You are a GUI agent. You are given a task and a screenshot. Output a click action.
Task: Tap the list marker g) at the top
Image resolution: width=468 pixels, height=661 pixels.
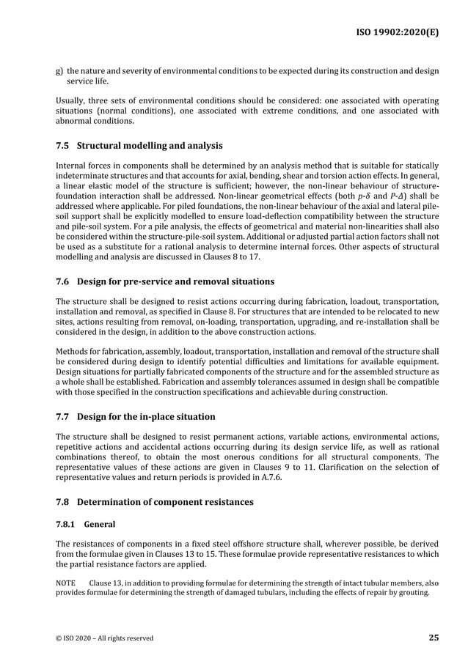(59, 71)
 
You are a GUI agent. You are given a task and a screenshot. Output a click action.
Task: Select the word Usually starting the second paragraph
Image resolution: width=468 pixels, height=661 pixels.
(72, 99)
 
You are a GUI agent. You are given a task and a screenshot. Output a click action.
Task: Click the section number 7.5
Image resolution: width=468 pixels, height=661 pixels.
(63, 145)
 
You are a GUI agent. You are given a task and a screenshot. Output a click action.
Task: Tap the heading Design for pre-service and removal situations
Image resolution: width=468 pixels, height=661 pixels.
(176, 281)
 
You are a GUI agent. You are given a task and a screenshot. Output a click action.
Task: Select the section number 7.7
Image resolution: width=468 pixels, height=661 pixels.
(63, 417)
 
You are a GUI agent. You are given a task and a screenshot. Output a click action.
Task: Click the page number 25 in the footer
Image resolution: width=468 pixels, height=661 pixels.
(434, 638)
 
